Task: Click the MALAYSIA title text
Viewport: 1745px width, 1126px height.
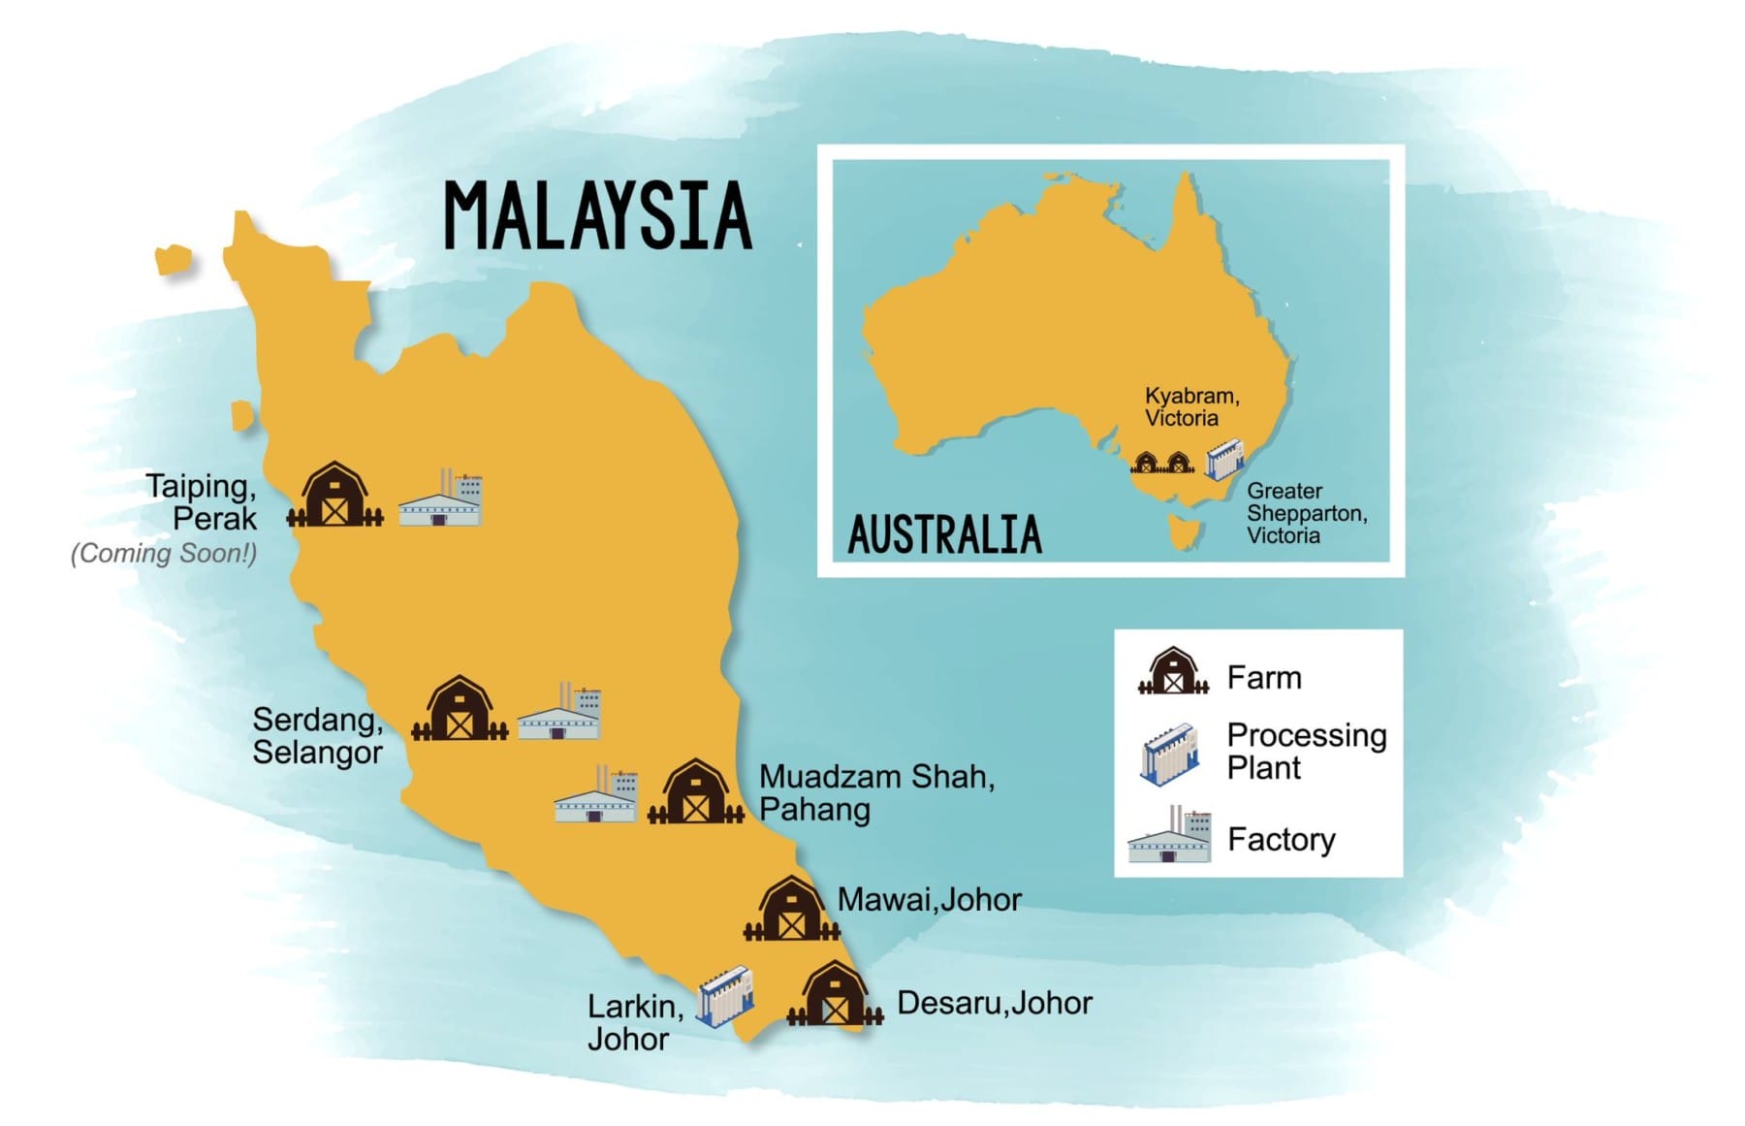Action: [x=597, y=215]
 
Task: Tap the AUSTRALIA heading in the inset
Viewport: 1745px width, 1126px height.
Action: [x=944, y=534]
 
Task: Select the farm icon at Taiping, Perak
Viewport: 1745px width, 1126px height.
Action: [x=334, y=497]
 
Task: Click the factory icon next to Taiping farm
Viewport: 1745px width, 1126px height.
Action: [x=442, y=499]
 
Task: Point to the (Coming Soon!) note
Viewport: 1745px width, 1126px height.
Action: [x=164, y=553]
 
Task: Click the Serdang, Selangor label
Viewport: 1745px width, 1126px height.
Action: [x=317, y=735]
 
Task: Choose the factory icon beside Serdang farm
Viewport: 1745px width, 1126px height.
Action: [x=560, y=713]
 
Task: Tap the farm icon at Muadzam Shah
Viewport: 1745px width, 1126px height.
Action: [x=695, y=793]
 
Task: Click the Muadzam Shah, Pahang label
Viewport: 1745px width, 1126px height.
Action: [x=875, y=792]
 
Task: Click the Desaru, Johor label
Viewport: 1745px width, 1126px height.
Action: [x=994, y=1003]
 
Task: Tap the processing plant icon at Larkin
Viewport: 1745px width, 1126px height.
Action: [x=725, y=996]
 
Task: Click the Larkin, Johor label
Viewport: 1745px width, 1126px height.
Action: [x=634, y=1022]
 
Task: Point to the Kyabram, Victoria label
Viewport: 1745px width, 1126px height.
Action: [x=1190, y=407]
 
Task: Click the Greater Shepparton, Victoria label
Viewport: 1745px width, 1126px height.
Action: [x=1305, y=513]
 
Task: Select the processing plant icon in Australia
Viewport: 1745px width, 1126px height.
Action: [x=1224, y=459]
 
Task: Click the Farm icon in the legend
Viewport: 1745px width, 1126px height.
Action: [x=1173, y=672]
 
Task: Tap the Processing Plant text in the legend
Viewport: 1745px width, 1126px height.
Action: [x=1305, y=752]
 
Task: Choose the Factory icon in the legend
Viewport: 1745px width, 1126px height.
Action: [x=1170, y=835]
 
